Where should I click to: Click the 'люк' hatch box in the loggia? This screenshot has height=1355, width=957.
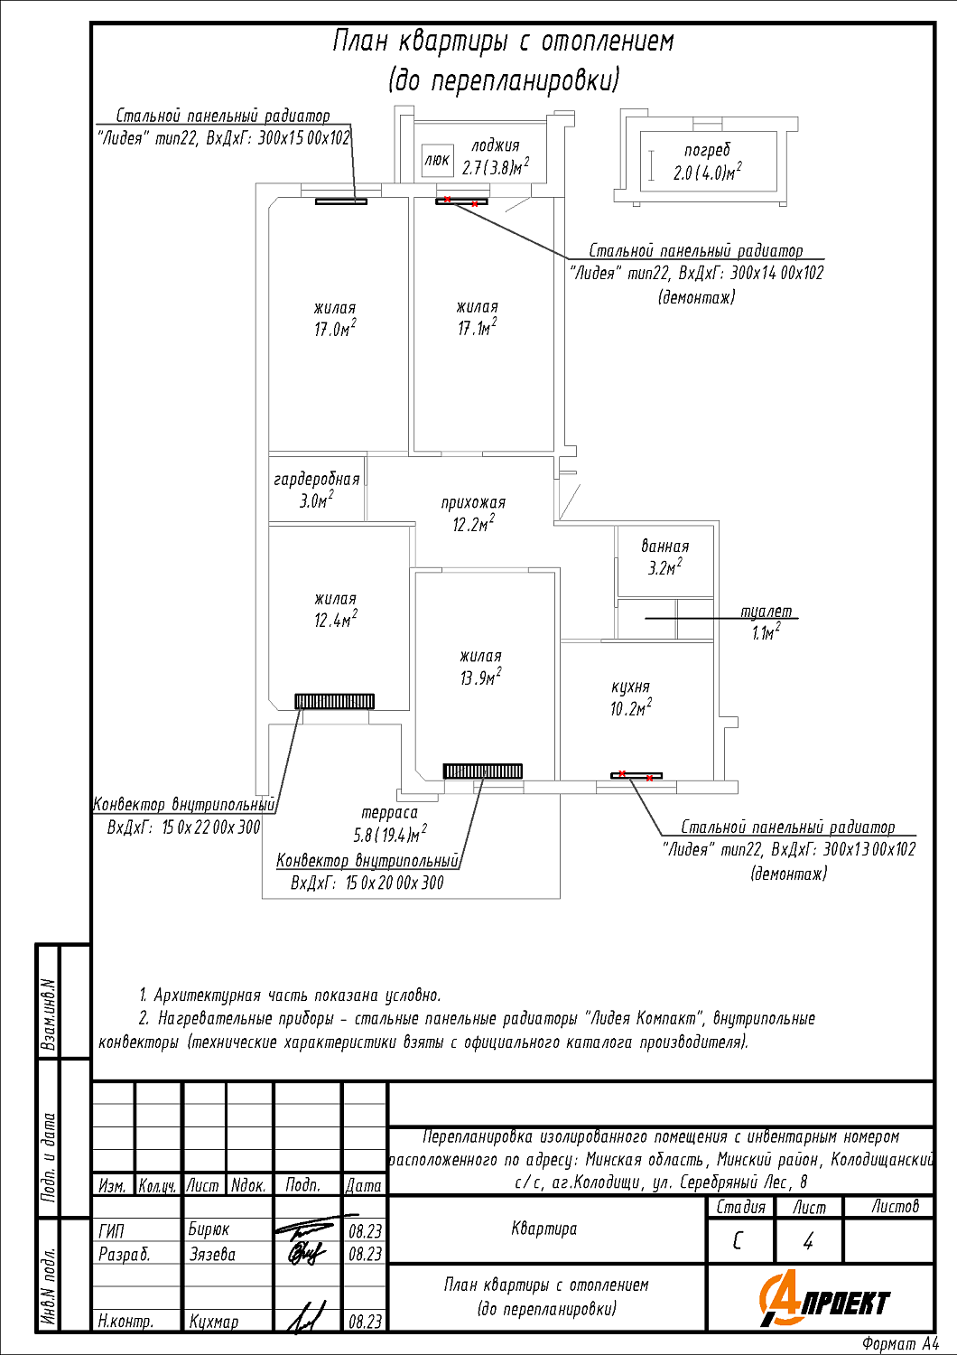point(437,161)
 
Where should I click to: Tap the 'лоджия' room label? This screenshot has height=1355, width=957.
point(496,145)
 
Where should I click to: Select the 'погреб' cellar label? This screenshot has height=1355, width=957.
point(707,151)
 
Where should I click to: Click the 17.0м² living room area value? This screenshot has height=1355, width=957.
point(335,329)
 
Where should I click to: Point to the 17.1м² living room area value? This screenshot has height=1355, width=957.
point(477,328)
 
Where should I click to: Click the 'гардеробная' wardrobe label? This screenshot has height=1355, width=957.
point(317,480)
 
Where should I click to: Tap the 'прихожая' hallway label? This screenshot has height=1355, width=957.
point(473,503)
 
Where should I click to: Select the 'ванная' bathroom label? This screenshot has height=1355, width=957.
point(665,547)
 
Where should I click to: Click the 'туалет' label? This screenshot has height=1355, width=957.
point(766,612)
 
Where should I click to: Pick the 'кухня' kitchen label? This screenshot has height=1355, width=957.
point(630,687)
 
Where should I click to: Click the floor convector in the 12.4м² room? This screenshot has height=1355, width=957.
point(334,701)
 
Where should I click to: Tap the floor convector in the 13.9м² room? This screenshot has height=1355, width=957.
point(483,771)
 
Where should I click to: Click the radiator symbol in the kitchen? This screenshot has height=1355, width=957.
point(636,775)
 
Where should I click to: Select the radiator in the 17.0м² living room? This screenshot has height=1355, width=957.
point(341,201)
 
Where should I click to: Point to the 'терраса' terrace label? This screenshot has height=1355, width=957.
point(389,813)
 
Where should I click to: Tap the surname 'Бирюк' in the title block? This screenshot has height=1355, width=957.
point(209,1229)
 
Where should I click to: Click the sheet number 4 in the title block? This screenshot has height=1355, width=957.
point(808,1242)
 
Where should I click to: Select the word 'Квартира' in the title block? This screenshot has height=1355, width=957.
point(544,1229)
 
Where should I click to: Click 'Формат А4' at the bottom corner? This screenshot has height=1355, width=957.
point(899,1344)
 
